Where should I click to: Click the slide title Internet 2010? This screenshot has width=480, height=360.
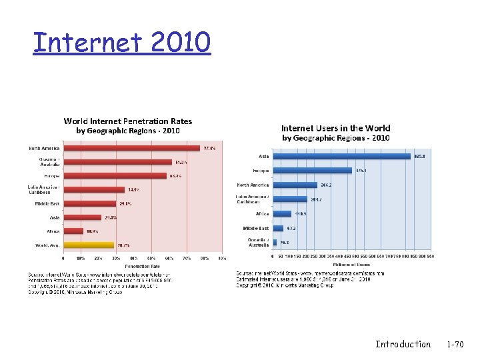coord(122,43)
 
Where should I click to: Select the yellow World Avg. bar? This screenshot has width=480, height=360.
coord(89,245)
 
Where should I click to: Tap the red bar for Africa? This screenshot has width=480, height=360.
coord(73,231)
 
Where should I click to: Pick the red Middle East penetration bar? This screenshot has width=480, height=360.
coord(90,203)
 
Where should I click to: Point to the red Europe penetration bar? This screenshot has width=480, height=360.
coord(115,176)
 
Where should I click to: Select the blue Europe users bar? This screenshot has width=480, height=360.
coord(312,171)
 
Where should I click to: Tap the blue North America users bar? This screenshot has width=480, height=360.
coord(295,185)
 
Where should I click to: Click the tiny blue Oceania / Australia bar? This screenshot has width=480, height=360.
coord(275,242)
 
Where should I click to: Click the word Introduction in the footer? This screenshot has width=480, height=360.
coord(403,344)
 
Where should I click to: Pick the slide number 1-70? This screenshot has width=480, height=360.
coord(455,344)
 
